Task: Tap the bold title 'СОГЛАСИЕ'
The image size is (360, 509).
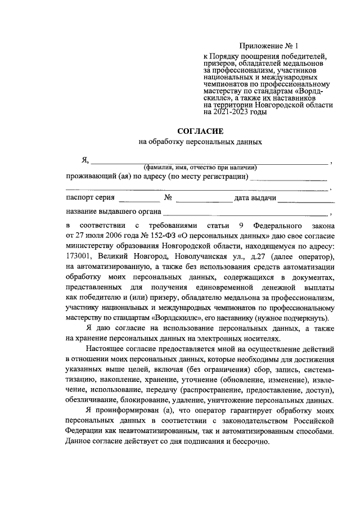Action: [x=200, y=131]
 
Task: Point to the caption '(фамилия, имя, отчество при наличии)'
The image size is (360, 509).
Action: [x=200, y=167]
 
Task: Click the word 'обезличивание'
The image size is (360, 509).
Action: [x=92, y=400]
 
